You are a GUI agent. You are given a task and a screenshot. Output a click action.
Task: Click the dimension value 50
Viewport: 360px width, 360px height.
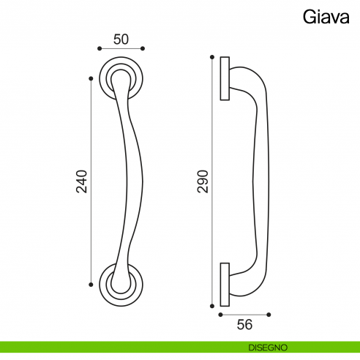click(120, 39)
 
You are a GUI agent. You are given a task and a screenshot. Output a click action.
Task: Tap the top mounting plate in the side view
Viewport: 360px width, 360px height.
click(225, 78)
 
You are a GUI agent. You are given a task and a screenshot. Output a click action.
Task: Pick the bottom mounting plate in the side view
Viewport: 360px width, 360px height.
click(225, 282)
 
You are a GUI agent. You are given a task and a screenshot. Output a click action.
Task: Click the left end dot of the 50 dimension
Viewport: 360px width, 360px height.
click(99, 49)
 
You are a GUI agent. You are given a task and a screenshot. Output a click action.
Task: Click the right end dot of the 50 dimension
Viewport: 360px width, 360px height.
click(142, 49)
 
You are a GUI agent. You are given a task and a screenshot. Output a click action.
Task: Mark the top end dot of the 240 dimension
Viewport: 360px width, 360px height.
click(91, 77)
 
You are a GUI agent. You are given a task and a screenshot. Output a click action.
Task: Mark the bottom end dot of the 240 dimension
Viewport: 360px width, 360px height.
click(91, 283)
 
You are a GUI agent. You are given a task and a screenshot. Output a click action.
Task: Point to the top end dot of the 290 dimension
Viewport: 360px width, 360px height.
click(212, 56)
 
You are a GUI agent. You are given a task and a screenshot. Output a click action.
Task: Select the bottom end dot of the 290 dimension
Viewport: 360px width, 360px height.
click(212, 304)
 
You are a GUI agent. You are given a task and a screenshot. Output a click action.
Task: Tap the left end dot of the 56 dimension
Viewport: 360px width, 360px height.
click(220, 315)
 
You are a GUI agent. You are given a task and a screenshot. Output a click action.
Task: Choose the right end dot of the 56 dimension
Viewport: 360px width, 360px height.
click(269, 315)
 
